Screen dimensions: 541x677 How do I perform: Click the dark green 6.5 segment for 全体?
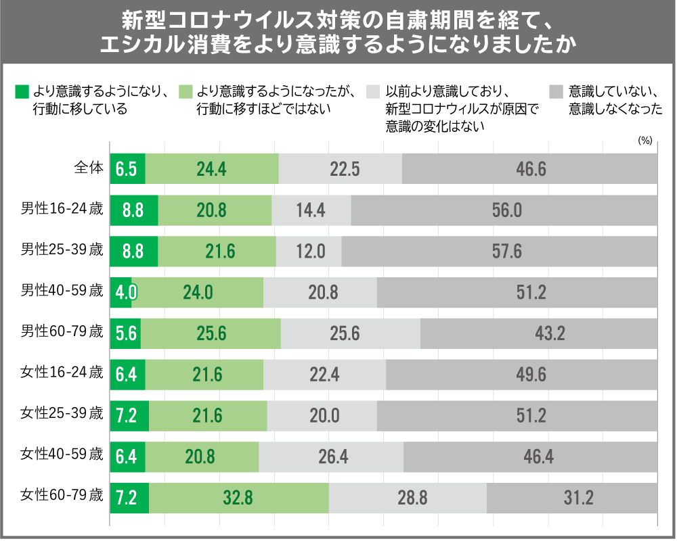127,169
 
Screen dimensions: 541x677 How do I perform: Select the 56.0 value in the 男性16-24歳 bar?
504,210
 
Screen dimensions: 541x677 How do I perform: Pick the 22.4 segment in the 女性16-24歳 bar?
324,375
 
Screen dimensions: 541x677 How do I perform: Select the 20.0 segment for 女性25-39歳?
322,416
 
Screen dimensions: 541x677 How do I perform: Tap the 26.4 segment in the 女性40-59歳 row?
331,457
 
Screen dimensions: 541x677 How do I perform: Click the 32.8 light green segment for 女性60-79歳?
238,498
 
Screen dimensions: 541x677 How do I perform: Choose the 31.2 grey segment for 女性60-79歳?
571,498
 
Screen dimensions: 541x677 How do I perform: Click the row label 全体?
88,168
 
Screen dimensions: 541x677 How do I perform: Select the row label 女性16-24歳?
62,373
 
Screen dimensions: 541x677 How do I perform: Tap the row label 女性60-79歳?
62,497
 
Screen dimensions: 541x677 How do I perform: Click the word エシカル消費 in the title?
167,45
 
